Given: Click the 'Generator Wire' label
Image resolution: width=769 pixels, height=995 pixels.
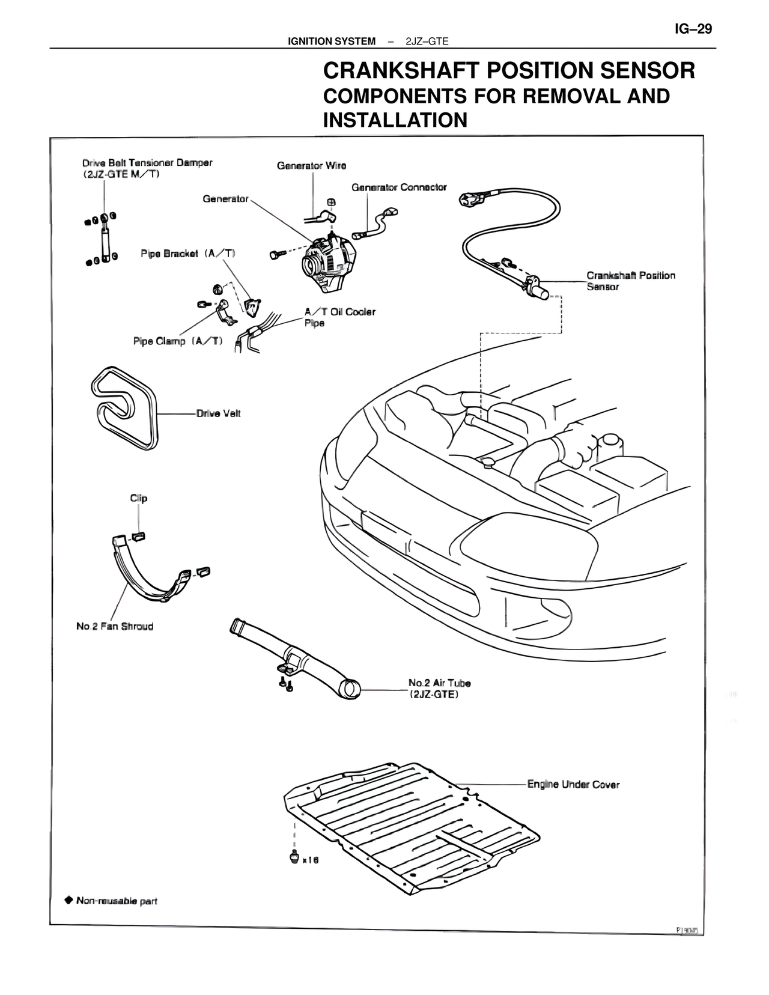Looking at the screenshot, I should [x=311, y=165].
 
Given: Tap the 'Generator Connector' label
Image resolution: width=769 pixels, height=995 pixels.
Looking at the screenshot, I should [x=399, y=187].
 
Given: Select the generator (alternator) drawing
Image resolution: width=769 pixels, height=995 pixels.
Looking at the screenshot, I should [x=328, y=264].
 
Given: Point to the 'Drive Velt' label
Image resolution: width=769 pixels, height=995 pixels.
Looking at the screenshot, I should [x=218, y=413].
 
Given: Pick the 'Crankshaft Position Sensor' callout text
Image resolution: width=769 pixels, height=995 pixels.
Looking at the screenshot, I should [x=630, y=281].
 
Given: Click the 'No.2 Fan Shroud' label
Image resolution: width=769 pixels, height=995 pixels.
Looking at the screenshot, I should [x=115, y=626].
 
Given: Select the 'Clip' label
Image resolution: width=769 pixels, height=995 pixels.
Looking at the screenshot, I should [x=139, y=498].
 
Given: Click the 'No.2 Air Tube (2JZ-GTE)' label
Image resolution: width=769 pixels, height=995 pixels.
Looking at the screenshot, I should [x=439, y=689].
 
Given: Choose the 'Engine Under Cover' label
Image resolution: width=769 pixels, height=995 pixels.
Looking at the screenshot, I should [x=573, y=784].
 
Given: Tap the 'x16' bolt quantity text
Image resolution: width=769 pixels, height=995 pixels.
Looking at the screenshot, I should [x=310, y=860].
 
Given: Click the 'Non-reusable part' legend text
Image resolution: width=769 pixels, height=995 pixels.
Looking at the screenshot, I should [x=117, y=901].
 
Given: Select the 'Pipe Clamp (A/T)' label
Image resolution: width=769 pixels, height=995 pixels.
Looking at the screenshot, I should [x=178, y=341].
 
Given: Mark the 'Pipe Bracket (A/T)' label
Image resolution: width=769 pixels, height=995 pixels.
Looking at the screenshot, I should [x=188, y=254].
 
